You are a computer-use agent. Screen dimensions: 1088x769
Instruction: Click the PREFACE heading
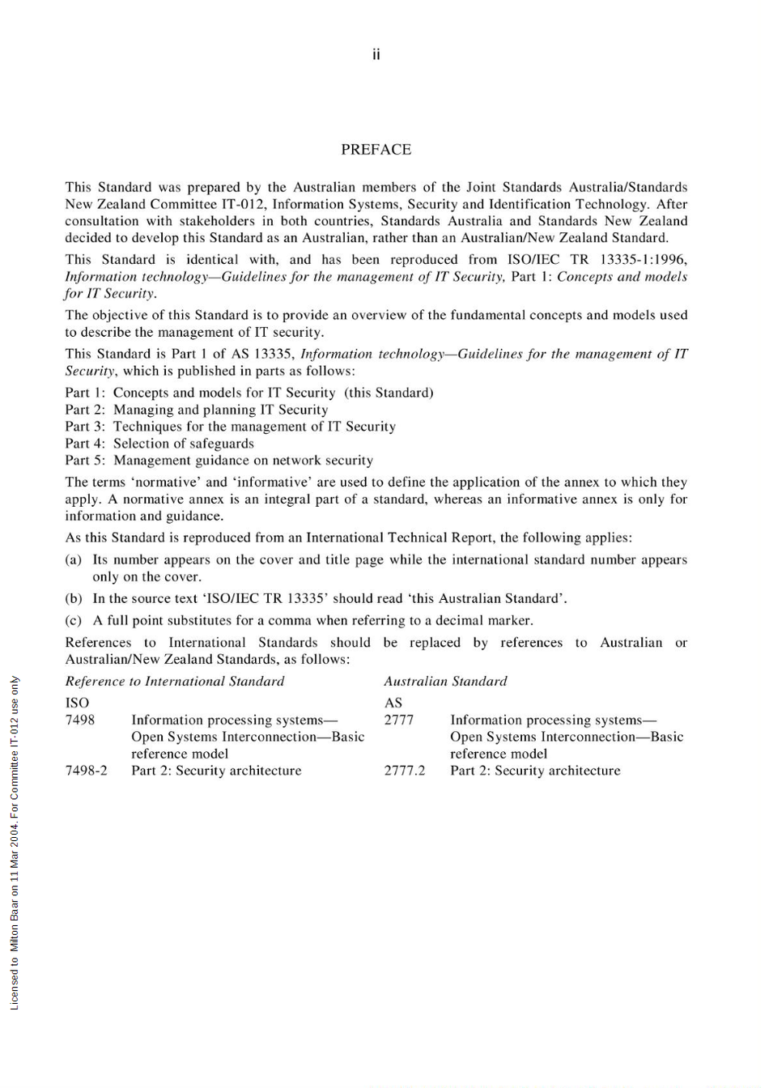376,150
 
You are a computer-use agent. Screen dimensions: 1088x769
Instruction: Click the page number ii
376,55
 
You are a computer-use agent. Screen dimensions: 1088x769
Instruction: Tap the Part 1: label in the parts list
86,393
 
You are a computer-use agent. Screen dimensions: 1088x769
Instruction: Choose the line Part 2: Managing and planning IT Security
197,410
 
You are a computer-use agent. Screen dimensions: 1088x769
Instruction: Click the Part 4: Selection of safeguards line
159,444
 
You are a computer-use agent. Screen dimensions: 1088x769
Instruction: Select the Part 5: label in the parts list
86,461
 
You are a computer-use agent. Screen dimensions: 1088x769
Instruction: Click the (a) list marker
74,559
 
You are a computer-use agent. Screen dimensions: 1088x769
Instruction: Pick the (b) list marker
74,599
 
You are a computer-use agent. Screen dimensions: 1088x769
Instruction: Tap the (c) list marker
74,621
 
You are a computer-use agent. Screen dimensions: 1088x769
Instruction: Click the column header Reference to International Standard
175,682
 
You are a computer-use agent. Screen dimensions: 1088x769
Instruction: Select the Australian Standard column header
445,682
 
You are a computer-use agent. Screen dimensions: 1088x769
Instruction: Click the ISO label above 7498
77,703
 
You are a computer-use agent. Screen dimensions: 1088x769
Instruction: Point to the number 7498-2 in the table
86,771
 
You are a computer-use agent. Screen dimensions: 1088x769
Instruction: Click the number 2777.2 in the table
404,771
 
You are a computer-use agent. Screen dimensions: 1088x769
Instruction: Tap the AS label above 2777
393,703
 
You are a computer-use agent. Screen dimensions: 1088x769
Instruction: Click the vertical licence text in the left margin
15,842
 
